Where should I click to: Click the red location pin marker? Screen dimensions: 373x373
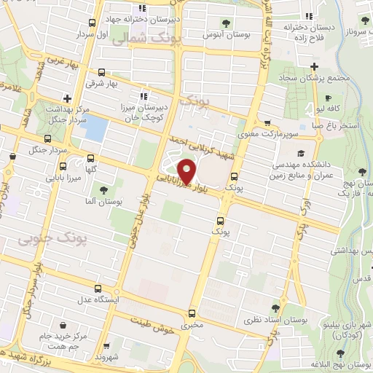188,172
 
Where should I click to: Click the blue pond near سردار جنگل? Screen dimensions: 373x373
93,128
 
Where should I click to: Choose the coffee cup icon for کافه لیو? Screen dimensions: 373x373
328,98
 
